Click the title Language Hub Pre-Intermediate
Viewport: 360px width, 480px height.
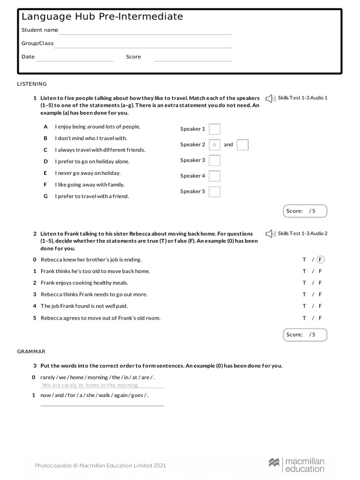pyautogui.click(x=102, y=17)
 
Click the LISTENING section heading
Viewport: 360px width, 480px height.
pyautogui.click(x=32, y=84)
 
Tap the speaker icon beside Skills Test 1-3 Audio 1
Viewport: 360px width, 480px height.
pyautogui.click(x=270, y=98)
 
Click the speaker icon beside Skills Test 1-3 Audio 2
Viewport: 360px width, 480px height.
pyautogui.click(x=270, y=233)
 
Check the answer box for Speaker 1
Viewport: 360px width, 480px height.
pyautogui.click(x=214, y=129)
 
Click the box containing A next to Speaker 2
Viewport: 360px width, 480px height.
pyautogui.click(x=214, y=145)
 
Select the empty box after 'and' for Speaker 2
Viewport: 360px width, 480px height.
pyautogui.click(x=242, y=145)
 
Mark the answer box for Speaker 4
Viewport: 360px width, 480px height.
pyautogui.click(x=214, y=176)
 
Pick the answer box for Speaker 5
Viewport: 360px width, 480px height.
pyautogui.click(x=214, y=192)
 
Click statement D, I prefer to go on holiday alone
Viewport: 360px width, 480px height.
pyautogui.click(x=92, y=161)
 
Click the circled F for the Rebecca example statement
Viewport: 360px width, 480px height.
pyautogui.click(x=320, y=259)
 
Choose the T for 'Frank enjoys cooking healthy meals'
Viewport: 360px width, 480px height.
pyautogui.click(x=304, y=283)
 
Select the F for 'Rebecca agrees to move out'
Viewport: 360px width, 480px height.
pyautogui.click(x=320, y=318)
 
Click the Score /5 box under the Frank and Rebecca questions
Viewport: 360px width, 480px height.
pyautogui.click(x=305, y=335)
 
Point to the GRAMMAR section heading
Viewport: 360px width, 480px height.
pyautogui.click(x=31, y=351)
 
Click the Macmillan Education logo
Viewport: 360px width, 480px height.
pyautogui.click(x=296, y=465)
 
